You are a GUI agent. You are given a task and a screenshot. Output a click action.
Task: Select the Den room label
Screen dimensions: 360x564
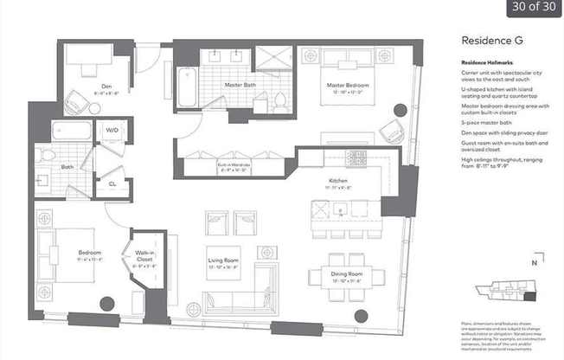pos(106,87)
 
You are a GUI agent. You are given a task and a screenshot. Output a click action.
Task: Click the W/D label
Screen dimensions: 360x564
pos(112,132)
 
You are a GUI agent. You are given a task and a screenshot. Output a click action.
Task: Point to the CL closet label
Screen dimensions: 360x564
pos(112,183)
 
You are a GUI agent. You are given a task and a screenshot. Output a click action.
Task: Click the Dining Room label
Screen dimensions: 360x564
pos(346,274)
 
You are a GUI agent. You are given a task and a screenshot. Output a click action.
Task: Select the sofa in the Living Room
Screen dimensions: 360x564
pos(240,300)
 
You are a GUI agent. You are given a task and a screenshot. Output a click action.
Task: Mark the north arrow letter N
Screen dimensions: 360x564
pos(534,260)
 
